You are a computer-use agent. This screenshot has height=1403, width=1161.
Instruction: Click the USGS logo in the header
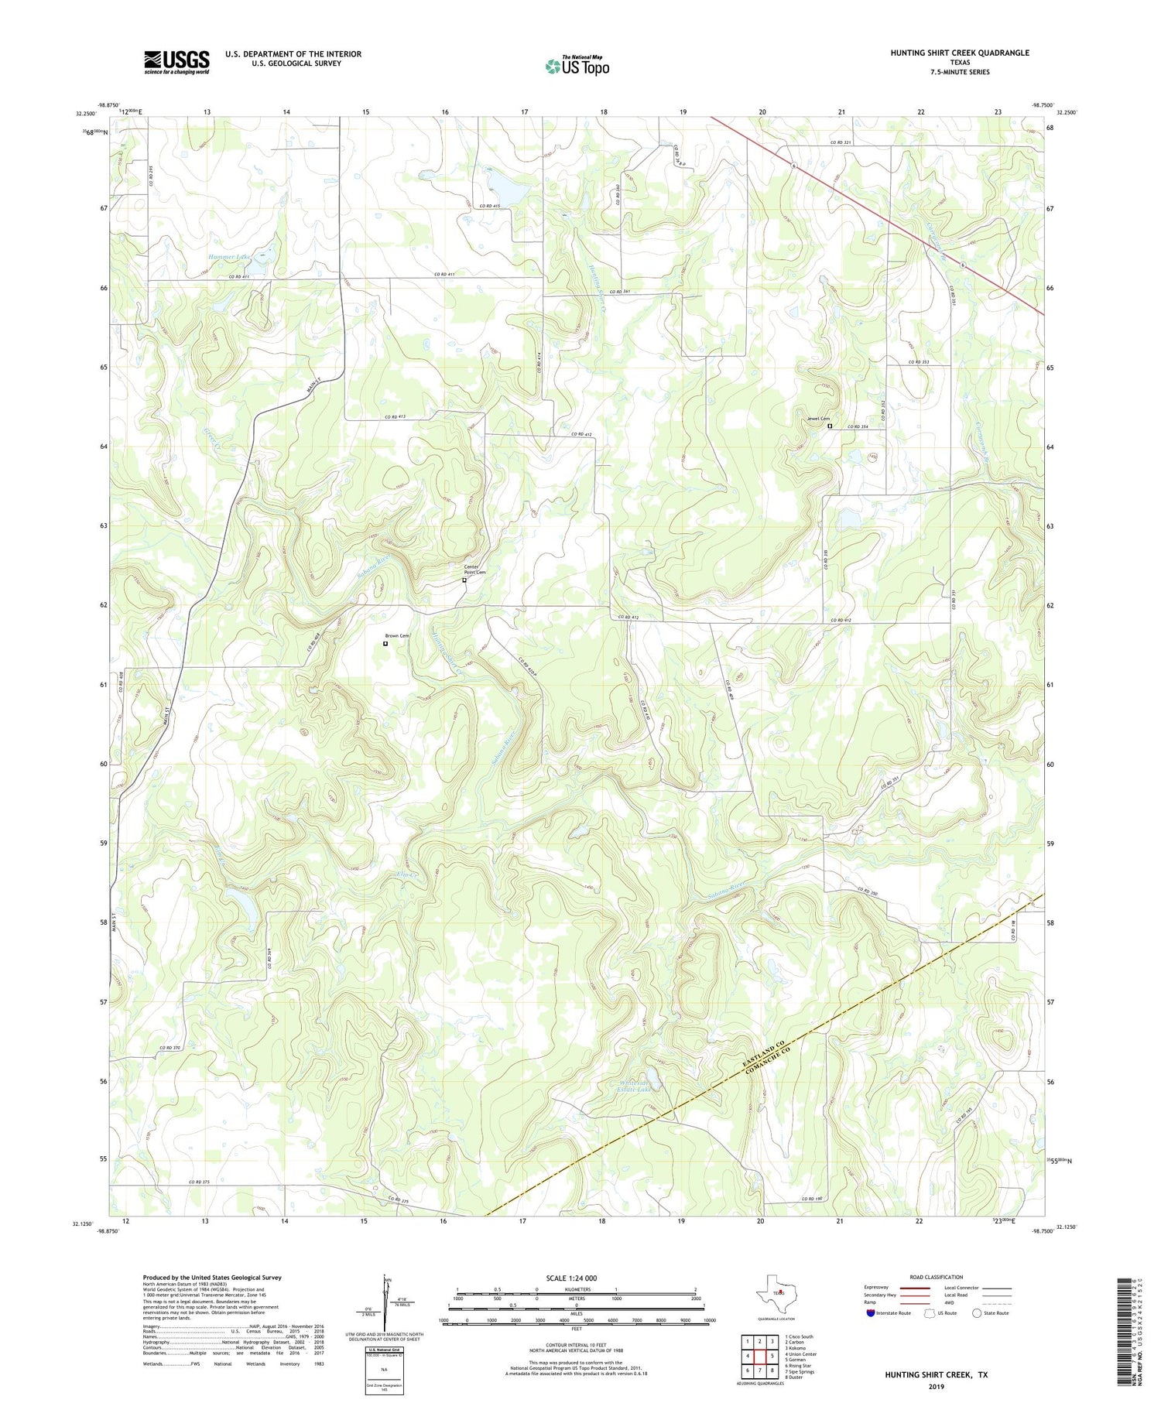176,62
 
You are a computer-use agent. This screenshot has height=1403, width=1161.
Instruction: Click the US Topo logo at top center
577,66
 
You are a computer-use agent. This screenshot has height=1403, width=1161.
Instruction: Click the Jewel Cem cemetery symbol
830,426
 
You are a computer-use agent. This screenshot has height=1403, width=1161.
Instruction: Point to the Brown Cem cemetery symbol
385,643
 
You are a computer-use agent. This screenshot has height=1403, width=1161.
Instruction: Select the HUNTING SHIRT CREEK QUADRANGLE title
959,53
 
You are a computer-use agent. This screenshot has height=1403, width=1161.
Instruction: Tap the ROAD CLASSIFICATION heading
937,1278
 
